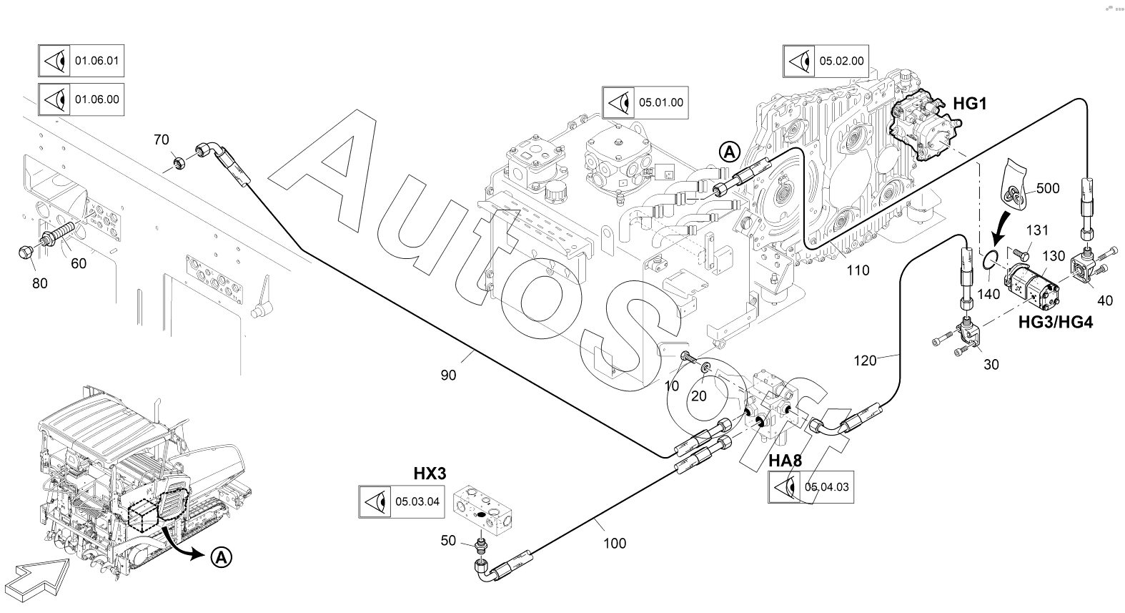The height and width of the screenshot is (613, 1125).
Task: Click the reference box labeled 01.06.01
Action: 80,61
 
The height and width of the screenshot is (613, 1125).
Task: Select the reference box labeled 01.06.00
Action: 80,99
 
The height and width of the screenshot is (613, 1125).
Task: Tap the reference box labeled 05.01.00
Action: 644,103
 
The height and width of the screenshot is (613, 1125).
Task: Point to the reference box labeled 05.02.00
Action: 825,62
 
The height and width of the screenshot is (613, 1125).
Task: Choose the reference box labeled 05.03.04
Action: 401,501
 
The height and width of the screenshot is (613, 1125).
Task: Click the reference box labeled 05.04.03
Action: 811,488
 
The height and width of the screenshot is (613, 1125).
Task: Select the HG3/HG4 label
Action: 1055,323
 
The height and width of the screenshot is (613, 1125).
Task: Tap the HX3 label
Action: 430,474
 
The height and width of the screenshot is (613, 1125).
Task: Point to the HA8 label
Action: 785,461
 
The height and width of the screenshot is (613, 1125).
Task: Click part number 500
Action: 1047,189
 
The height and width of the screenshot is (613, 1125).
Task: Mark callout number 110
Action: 858,270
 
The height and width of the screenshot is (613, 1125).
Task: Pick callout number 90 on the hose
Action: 448,375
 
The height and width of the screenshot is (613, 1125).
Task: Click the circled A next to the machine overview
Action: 222,556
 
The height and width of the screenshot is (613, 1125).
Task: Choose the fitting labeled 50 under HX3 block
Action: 482,546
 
